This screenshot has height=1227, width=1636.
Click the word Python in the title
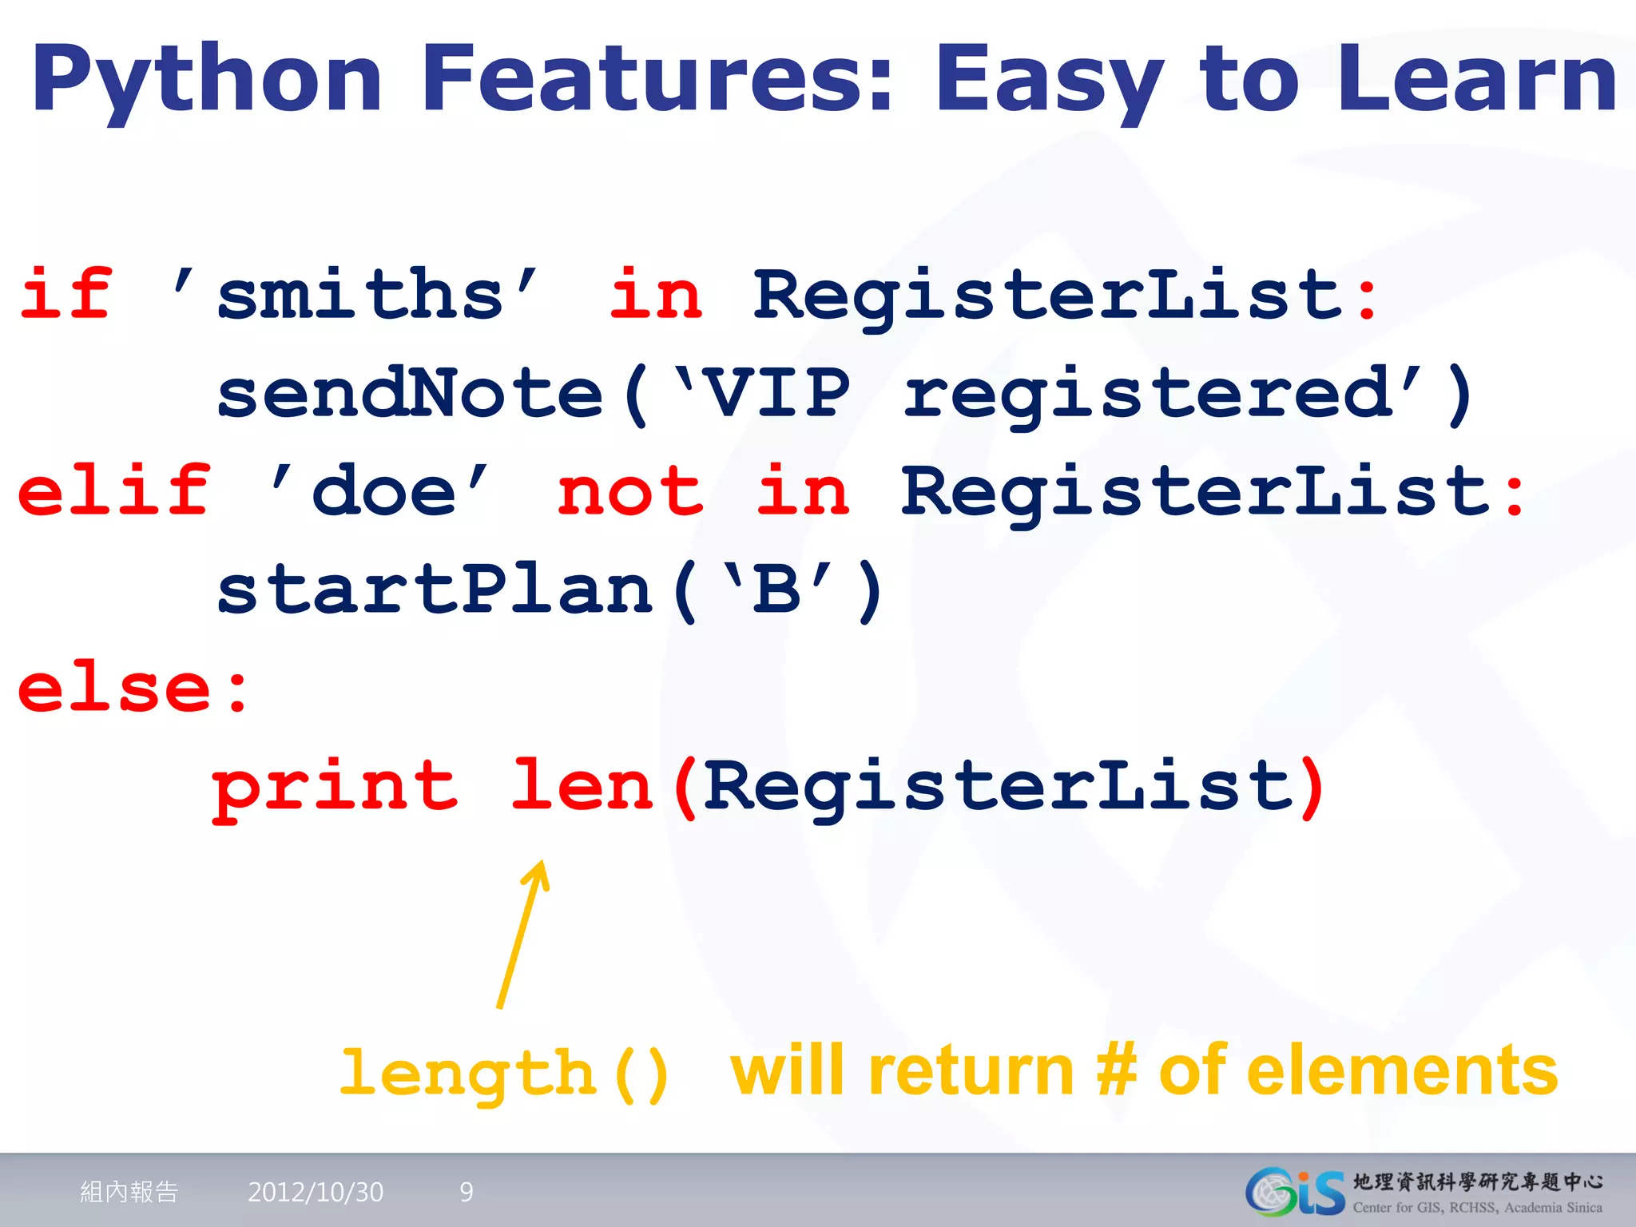click(206, 80)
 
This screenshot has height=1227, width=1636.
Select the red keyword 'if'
click(66, 294)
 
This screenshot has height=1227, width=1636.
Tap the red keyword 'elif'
click(114, 490)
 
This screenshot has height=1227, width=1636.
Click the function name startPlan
click(435, 590)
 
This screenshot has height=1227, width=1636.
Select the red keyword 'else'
click(114, 689)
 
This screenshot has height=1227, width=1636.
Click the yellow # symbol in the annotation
click(1116, 1070)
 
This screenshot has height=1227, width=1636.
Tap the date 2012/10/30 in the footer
click(316, 1192)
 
